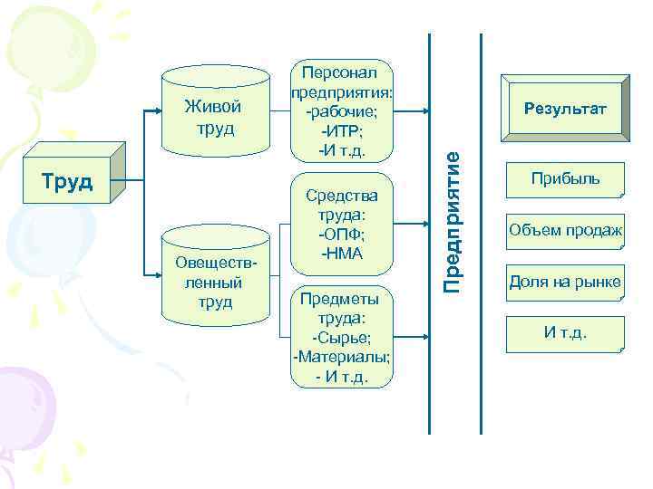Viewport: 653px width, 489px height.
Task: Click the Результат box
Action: (x=564, y=110)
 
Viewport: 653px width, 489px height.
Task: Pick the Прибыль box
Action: (x=565, y=179)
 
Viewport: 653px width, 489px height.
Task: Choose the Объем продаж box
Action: (x=565, y=231)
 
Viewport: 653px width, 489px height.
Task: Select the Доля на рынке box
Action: (x=565, y=283)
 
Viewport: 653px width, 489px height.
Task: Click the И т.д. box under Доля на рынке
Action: (x=565, y=333)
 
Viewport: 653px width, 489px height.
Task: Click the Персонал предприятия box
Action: (x=341, y=110)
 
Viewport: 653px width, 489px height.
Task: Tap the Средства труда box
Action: (x=341, y=222)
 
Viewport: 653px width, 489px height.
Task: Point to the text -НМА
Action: (x=341, y=254)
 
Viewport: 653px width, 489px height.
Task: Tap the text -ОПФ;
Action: (x=341, y=235)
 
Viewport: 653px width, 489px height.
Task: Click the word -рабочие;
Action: (x=341, y=110)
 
